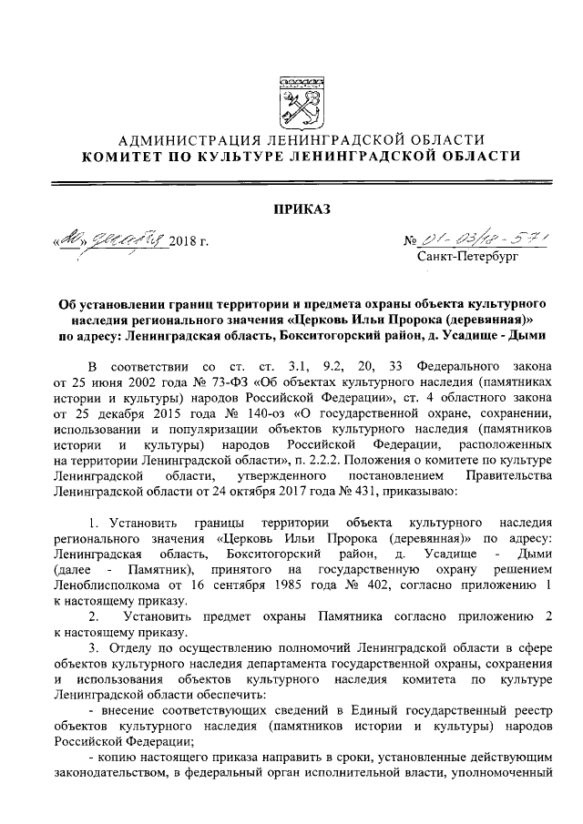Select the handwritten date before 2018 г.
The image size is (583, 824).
coord(113,240)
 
